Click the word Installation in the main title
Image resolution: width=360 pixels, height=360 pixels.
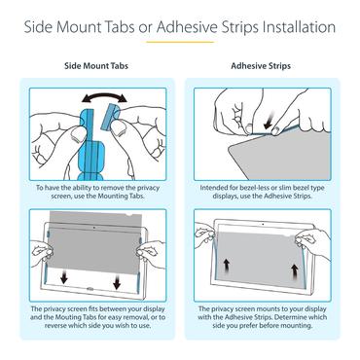pos(299,27)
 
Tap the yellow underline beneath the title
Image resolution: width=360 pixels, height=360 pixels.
pos(180,42)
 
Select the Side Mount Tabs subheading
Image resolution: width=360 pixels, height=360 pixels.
pos(96,66)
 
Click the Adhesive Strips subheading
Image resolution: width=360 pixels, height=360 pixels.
pos(261,66)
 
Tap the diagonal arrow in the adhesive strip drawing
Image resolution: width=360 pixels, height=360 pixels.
pos(270,121)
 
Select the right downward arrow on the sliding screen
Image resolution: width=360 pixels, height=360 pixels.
pos(117,283)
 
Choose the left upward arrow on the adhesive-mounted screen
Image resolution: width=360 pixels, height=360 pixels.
pos(227,267)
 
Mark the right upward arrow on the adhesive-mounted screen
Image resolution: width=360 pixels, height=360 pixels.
pos(295,271)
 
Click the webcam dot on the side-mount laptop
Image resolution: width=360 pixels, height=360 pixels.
pos(94,228)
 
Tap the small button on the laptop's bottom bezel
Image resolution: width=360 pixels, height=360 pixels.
pos(90,288)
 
